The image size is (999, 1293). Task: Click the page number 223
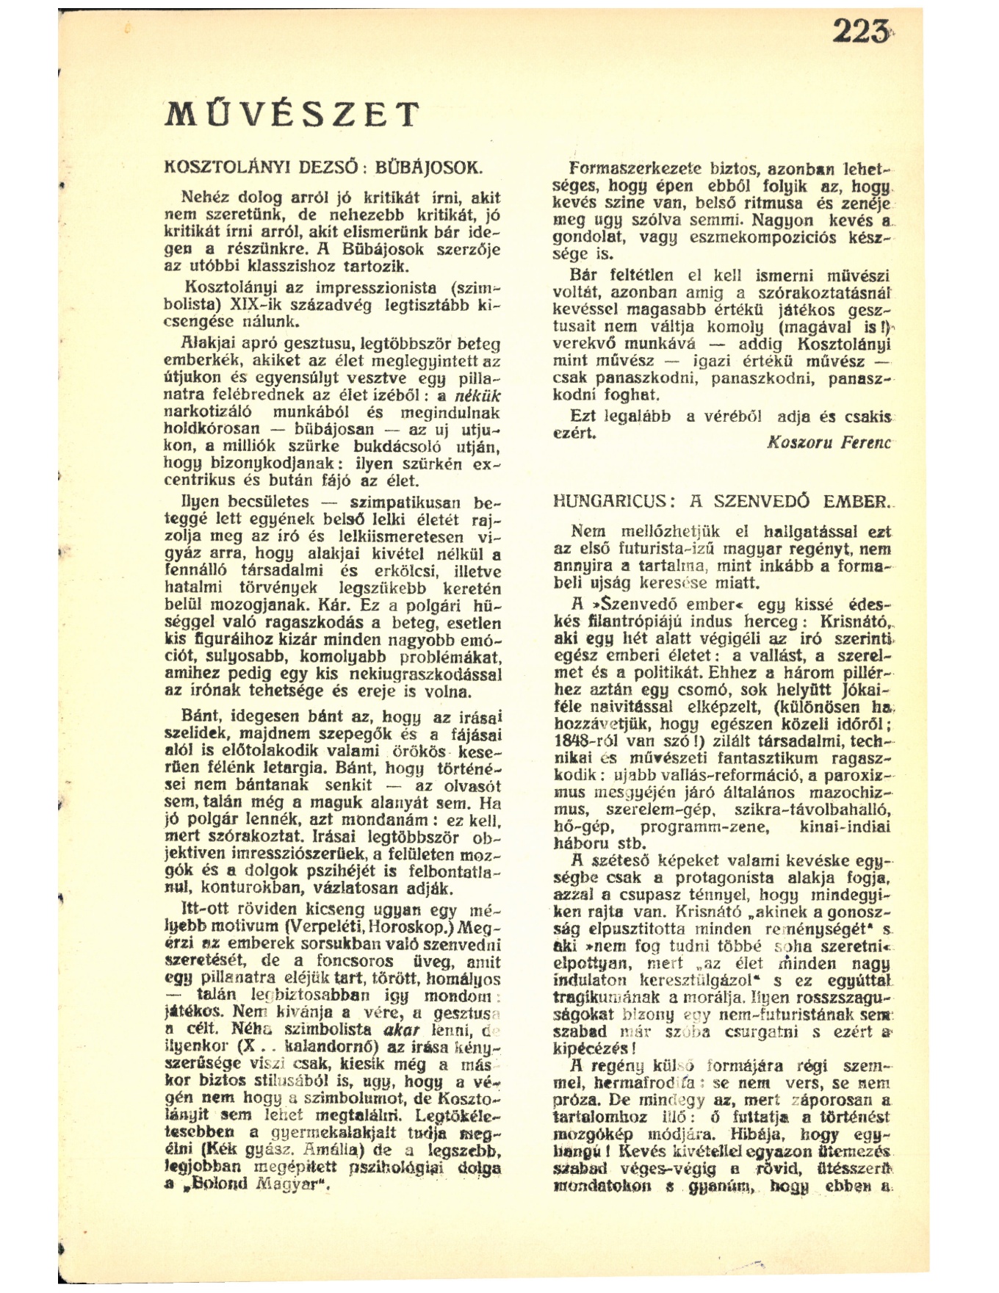click(x=858, y=33)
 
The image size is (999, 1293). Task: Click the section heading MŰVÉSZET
click(x=292, y=115)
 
